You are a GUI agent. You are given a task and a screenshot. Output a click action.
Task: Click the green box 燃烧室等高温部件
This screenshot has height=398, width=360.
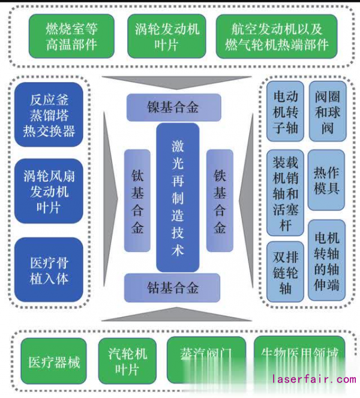[71, 36]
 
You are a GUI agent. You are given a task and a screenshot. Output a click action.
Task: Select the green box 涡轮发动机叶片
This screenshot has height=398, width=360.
[166, 36]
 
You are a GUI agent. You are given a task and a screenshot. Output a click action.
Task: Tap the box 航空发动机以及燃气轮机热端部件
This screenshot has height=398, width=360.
[277, 36]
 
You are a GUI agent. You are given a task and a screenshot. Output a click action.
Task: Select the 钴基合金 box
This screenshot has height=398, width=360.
[173, 288]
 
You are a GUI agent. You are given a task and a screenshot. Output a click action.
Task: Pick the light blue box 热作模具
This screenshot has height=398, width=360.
[326, 180]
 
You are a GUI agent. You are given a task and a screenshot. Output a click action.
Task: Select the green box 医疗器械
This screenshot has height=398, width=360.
[53, 361]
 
